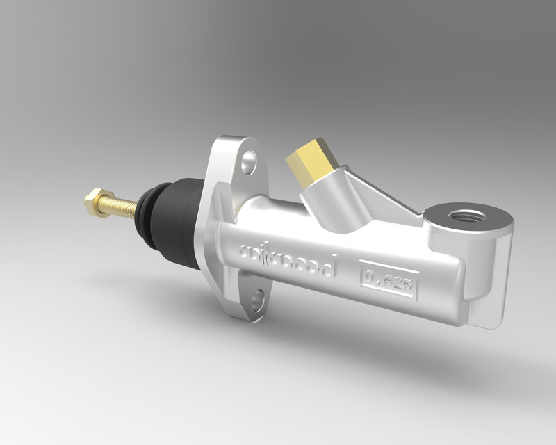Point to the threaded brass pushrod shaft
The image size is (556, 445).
[121, 207]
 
